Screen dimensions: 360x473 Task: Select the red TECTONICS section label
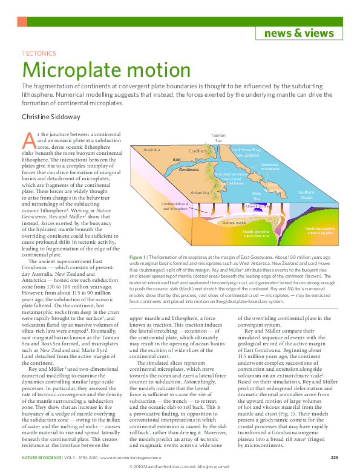click(39, 54)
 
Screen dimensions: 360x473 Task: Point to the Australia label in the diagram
click(151, 149)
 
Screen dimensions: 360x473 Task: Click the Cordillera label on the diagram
click(197, 151)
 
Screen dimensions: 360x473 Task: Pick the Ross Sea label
click(256, 195)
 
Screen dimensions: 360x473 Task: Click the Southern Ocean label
click(306, 195)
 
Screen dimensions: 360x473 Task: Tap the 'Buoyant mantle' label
click(234, 223)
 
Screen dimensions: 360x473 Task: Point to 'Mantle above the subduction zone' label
click(256, 233)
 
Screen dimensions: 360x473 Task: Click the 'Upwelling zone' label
click(258, 206)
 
